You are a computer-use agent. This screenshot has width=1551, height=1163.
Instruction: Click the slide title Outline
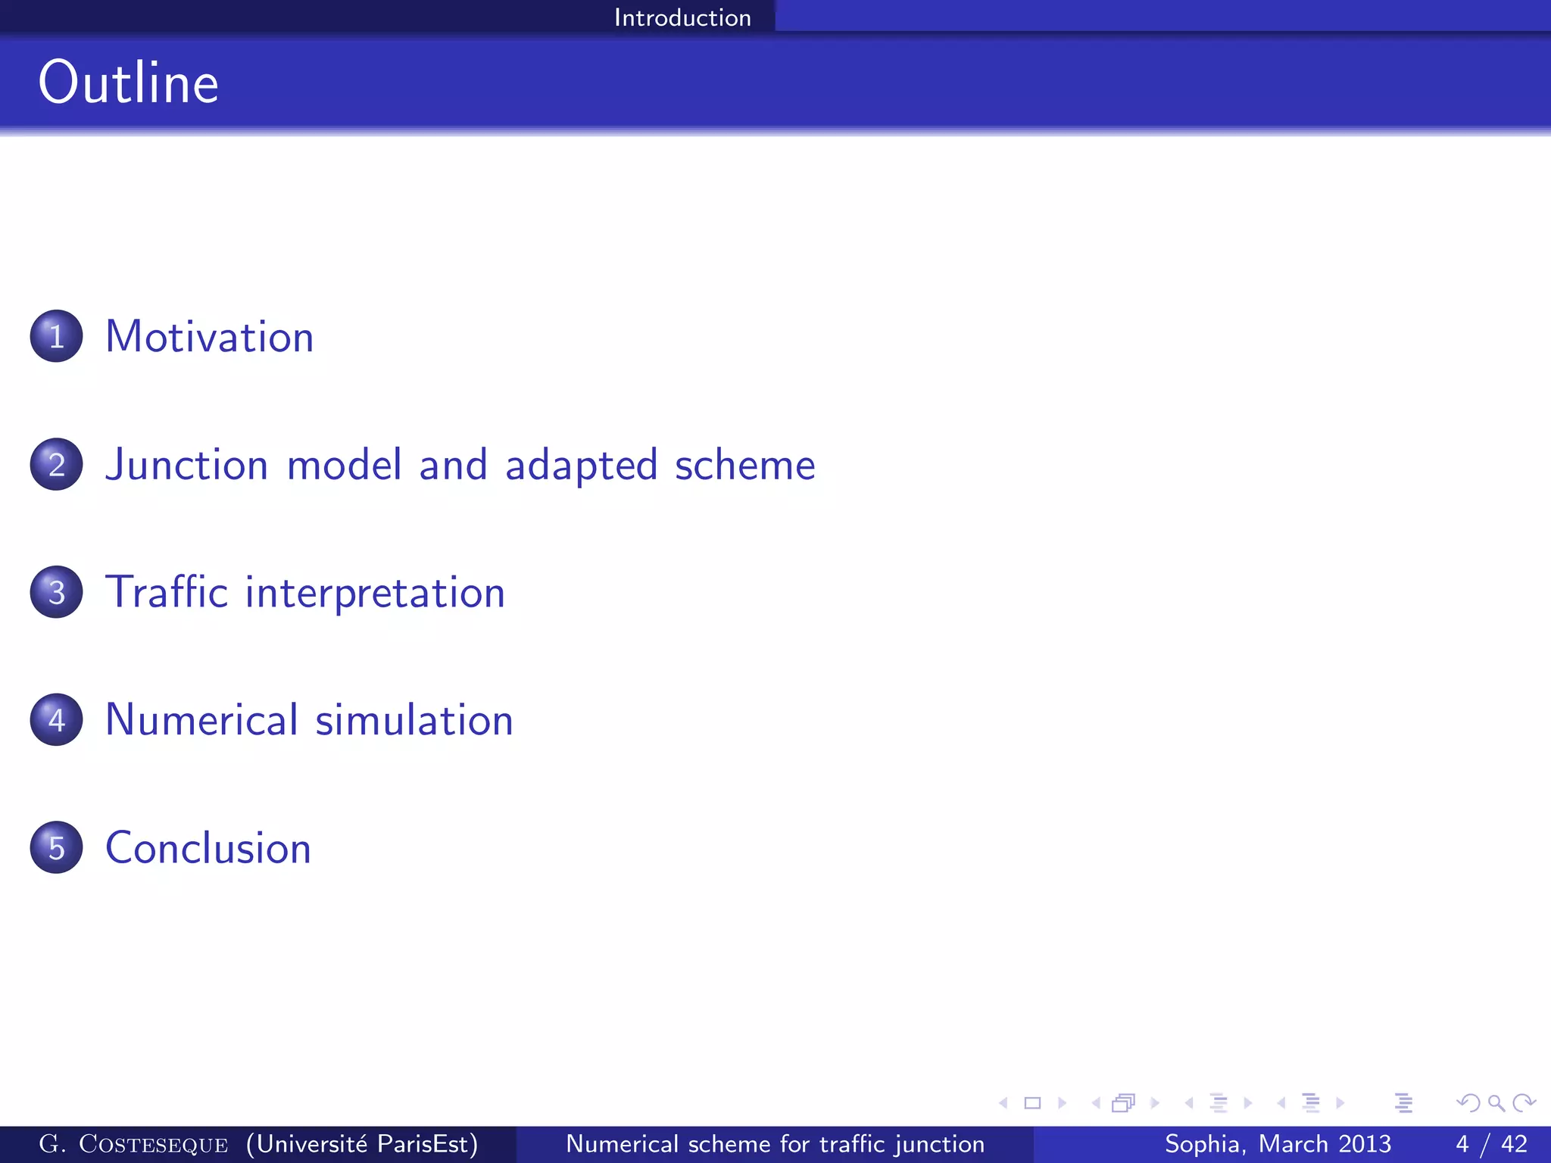click(x=129, y=83)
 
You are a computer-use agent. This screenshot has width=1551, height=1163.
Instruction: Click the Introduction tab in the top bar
click(x=682, y=17)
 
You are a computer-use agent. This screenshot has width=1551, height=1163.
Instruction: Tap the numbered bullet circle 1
click(x=57, y=336)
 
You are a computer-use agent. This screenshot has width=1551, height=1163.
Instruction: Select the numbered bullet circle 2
click(x=57, y=464)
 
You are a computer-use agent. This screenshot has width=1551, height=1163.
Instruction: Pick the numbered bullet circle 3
click(x=57, y=592)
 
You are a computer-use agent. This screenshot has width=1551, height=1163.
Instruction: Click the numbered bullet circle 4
click(x=57, y=719)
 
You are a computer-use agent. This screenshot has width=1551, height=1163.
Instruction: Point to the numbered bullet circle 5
click(x=57, y=847)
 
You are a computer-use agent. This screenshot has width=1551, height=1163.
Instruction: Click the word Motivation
click(x=209, y=336)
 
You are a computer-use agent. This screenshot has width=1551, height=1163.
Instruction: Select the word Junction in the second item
click(x=186, y=465)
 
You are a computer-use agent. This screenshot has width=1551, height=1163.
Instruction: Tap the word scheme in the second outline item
click(x=744, y=465)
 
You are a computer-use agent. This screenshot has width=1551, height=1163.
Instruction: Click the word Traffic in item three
click(x=166, y=592)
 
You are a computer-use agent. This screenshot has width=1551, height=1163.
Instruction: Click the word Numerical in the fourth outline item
click(x=201, y=719)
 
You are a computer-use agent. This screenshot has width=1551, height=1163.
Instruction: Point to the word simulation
click(x=414, y=719)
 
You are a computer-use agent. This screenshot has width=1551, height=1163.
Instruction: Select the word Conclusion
click(x=208, y=847)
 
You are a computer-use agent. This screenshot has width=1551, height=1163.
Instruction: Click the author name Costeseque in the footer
click(x=153, y=1144)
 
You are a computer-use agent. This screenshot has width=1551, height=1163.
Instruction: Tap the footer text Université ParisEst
click(x=362, y=1144)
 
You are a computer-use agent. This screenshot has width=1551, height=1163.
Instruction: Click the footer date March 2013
click(x=1325, y=1144)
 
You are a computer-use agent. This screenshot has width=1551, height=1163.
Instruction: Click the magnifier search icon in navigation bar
click(x=1496, y=1103)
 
